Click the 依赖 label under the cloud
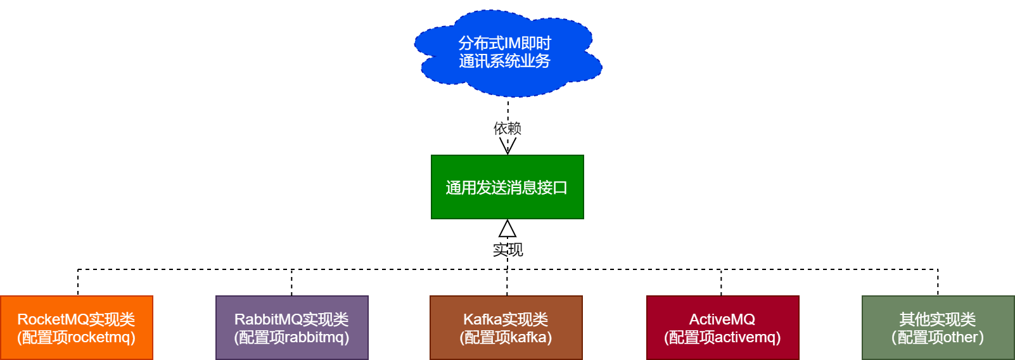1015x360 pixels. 507,128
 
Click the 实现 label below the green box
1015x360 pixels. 507,250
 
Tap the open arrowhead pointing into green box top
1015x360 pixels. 507,146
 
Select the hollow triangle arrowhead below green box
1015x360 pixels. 507,229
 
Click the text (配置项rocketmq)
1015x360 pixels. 76,337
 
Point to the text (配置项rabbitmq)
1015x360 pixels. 291,337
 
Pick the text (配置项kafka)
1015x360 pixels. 506,337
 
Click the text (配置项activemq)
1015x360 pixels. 722,337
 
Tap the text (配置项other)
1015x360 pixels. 938,337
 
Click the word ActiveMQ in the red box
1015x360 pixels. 722,319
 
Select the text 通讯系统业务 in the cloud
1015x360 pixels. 504,61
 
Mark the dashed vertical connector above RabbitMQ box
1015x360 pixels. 291,283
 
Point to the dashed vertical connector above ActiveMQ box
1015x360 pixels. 721,283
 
